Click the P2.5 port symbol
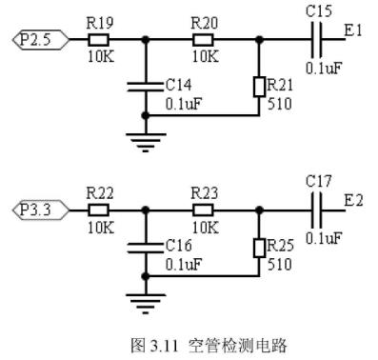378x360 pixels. pos(41,40)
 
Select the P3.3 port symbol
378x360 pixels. pos(41,210)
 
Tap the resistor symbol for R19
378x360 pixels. pos(98,40)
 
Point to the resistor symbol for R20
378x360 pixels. pos(203,40)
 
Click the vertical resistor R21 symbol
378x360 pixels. pos(259,87)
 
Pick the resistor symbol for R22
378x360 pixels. pos(98,210)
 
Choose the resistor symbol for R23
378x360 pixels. pos(203,210)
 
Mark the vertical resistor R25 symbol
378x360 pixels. pos(259,248)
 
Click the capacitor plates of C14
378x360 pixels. pos(146,87)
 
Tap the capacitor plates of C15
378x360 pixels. pos(317,40)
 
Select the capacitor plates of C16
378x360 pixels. pos(146,248)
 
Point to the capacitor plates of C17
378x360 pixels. pos(317,210)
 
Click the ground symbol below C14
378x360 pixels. pos(146,143)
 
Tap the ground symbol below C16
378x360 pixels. pos(146,304)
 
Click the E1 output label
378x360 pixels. pos(353,30)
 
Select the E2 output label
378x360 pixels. pos(353,201)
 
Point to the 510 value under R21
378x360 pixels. pos(280,104)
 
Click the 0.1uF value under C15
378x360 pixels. pos(324,68)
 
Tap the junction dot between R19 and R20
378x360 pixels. pos(146,40)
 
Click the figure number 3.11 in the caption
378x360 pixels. pos(164,346)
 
